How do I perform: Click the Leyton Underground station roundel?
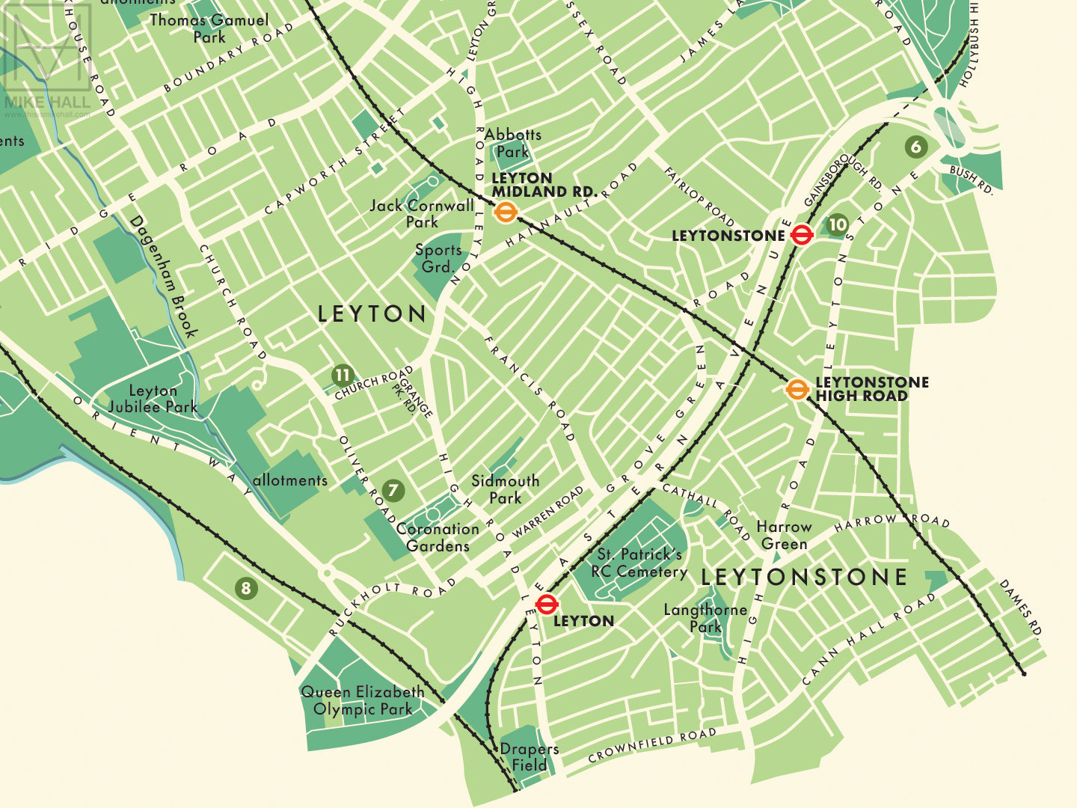click(547, 604)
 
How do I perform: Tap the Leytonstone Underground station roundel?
click(802, 236)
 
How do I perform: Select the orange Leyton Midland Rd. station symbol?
click(506, 212)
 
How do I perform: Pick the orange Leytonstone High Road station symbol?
click(797, 389)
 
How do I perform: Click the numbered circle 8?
click(245, 588)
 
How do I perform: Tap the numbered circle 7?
click(393, 492)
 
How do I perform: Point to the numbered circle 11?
click(343, 376)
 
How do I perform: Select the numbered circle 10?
click(838, 224)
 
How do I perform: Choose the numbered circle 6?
click(916, 147)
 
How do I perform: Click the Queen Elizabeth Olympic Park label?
click(363, 700)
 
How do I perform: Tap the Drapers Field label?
click(529, 757)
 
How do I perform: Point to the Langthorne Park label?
click(705, 618)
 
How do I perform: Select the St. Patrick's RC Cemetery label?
click(639, 563)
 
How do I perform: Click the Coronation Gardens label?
click(438, 537)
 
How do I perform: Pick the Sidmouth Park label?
click(505, 489)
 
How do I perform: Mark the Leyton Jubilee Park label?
click(153, 399)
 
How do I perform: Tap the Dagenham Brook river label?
click(163, 276)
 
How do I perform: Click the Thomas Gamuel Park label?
click(209, 28)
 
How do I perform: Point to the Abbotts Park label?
click(512, 143)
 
